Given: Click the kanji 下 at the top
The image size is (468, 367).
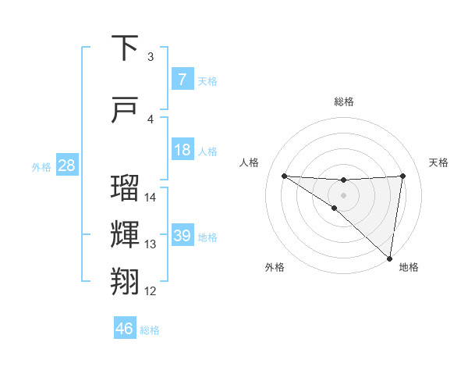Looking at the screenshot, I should click(126, 48).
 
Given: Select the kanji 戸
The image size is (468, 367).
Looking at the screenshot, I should click(126, 111).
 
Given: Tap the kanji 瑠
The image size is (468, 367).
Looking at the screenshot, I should click(126, 189).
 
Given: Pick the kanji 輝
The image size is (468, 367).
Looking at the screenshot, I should click(126, 236).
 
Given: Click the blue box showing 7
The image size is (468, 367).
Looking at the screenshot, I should click(182, 80).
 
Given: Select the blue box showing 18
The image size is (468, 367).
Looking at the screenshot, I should click(182, 150).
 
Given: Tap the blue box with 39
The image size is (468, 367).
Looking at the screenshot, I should click(182, 236).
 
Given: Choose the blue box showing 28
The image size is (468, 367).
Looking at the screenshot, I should click(66, 166).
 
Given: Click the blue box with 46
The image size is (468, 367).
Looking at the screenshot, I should click(125, 329).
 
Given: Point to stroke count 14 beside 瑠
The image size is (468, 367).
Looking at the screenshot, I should click(151, 198).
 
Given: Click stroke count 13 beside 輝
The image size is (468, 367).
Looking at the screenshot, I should click(151, 244).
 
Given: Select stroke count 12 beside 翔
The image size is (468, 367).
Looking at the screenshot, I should click(151, 291).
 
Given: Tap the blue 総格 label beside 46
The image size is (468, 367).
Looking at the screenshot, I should click(150, 330).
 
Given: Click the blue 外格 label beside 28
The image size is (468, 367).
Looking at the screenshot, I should click(41, 166).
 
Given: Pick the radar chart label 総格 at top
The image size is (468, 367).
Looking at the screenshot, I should click(343, 102).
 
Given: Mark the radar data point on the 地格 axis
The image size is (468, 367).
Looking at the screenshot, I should click(390, 258).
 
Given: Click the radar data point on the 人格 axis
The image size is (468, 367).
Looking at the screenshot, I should click(284, 176).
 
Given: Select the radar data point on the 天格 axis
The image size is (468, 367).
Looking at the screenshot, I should click(402, 176).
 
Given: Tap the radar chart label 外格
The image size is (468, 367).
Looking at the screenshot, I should click(275, 267).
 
